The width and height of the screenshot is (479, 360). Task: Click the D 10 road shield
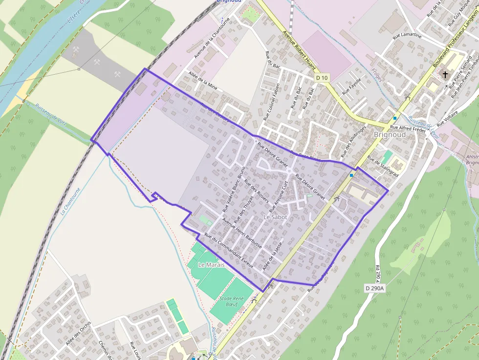coord(321,78)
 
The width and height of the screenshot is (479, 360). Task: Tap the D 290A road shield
coord(375,288)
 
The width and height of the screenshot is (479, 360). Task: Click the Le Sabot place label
coord(275,216)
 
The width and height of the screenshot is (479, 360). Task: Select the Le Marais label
coord(211,264)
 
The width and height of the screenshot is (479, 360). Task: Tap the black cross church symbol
coord(445,75)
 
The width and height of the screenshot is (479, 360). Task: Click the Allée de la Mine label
coord(202,81)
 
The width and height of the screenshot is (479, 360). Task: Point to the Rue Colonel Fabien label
coord(272,102)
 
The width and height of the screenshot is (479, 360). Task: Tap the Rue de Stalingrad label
coord(383,167)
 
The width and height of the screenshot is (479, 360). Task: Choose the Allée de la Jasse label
coord(273,257)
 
